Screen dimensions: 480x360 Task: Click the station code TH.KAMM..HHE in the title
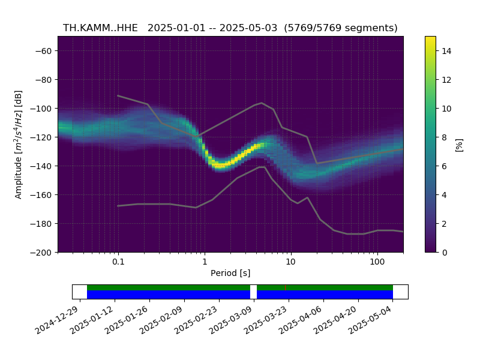pyautogui.click(x=100, y=28)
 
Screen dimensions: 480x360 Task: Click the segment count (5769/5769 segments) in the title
pyautogui.click(x=341, y=28)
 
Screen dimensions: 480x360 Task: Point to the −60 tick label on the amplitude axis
pyautogui.click(x=43, y=51)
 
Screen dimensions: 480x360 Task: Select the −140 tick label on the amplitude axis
pyautogui.click(x=41, y=166)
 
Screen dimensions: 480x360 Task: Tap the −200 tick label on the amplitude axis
pyautogui.click(x=41, y=253)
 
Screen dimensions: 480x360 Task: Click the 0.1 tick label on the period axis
pyautogui.click(x=118, y=262)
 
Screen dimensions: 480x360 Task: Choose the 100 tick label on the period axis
pyautogui.click(x=377, y=262)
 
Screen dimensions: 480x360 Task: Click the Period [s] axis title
pyautogui.click(x=230, y=273)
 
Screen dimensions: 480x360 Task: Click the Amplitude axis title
pyautogui.click(x=19, y=145)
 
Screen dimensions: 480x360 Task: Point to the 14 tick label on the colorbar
pyautogui.click(x=446, y=51)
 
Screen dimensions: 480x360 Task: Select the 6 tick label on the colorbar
pyautogui.click(x=445, y=166)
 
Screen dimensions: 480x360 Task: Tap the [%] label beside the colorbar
pyautogui.click(x=459, y=145)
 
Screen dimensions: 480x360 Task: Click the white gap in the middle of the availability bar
pyautogui.click(x=253, y=292)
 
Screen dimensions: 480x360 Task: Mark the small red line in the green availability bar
pyautogui.click(x=286, y=288)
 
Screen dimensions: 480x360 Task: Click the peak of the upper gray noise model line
pyautogui.click(x=262, y=103)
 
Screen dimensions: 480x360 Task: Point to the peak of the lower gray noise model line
pyautogui.click(x=262, y=167)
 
